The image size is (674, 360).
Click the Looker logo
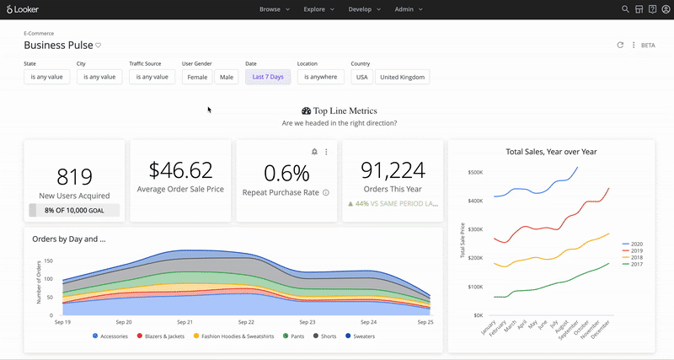click(23, 9)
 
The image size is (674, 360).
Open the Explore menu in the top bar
click(318, 9)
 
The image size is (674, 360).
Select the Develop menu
click(365, 9)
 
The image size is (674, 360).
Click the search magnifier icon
click(625, 9)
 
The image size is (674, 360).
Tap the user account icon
click(666, 9)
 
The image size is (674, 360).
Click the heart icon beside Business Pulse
click(98, 46)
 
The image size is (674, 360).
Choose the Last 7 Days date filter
click(268, 77)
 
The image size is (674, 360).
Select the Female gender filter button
click(197, 77)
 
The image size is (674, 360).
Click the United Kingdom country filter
click(403, 77)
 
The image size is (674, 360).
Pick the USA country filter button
click(362, 77)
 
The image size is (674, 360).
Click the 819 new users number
click(74, 177)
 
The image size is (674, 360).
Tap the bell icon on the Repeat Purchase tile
click(314, 152)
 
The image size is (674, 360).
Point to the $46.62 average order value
click(180, 170)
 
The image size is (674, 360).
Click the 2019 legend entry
click(633, 250)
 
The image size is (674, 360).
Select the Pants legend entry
click(293, 336)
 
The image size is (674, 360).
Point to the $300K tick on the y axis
click(475, 229)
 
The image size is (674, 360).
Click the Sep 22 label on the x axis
click(246, 322)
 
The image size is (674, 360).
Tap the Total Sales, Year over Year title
click(551, 152)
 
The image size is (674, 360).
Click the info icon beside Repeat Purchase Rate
click(326, 193)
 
